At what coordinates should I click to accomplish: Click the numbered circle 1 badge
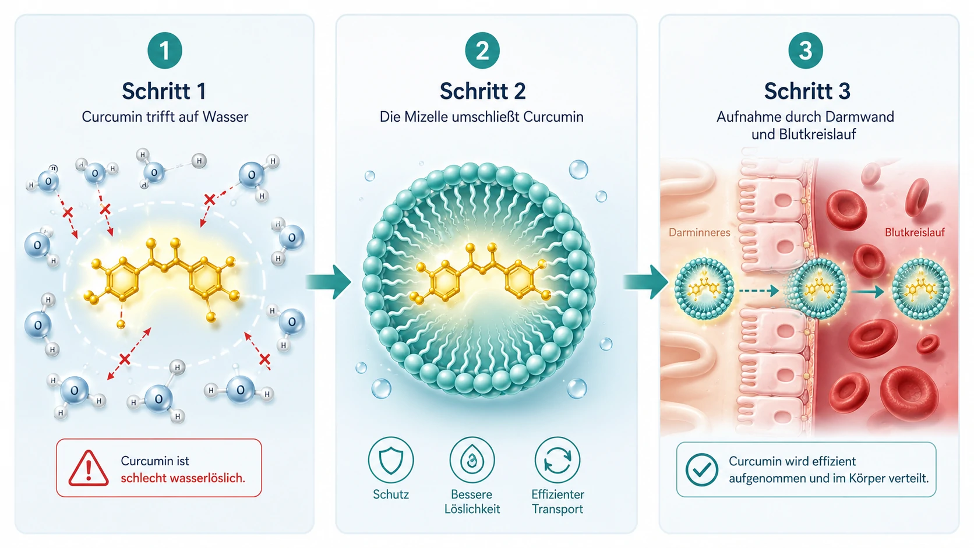click(x=164, y=51)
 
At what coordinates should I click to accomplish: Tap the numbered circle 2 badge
click(x=482, y=51)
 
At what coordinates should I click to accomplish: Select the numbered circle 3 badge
click(x=805, y=51)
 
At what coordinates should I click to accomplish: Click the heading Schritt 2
click(x=483, y=91)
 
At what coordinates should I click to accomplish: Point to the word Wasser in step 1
click(x=225, y=116)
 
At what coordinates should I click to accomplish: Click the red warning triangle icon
click(x=89, y=468)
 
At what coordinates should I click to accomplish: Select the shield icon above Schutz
click(x=390, y=460)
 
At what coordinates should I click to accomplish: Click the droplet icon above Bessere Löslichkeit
click(x=472, y=460)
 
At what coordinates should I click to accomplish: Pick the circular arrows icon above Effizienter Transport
click(x=557, y=460)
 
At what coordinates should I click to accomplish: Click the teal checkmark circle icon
click(x=702, y=470)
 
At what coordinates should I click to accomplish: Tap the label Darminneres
click(x=699, y=232)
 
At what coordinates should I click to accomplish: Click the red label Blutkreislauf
click(x=915, y=232)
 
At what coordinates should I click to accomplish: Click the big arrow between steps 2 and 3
click(x=645, y=282)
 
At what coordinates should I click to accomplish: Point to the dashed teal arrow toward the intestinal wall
click(x=759, y=290)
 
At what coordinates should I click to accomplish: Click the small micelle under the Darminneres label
click(x=704, y=288)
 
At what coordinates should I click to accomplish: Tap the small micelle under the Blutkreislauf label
click(x=921, y=288)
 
